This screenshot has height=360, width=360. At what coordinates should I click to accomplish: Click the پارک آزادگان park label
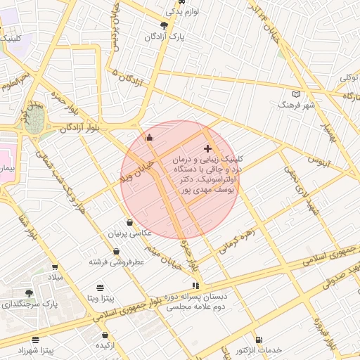point(164,36)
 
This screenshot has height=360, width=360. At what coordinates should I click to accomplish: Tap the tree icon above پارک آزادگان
point(164,25)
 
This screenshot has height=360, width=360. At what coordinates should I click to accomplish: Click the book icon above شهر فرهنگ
point(296,94)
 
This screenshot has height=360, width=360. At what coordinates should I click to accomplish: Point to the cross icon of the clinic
point(207,148)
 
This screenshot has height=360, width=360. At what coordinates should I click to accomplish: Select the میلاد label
point(55,277)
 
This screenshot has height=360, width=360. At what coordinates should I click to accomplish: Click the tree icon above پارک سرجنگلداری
point(29,293)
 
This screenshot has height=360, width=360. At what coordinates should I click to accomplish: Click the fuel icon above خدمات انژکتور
point(259,340)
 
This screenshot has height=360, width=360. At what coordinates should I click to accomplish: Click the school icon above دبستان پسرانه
point(195,285)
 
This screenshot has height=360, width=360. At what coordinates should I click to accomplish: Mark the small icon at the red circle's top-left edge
point(149,137)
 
